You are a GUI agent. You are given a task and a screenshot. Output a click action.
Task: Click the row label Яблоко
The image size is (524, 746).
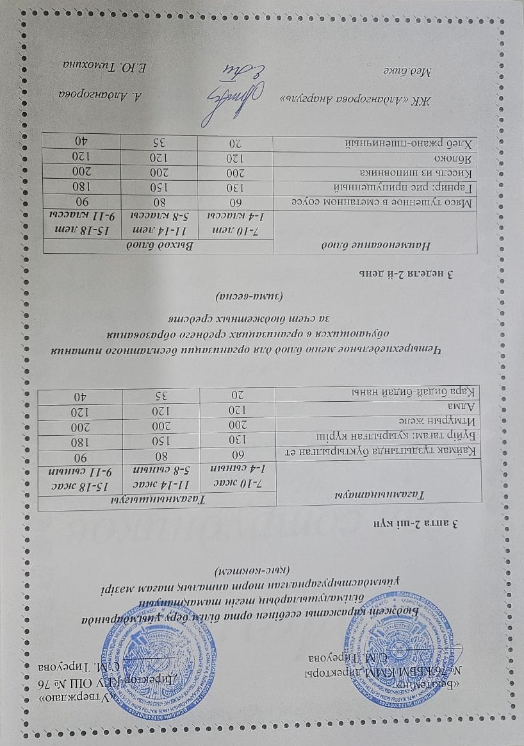pyautogui.click(x=455, y=156)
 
